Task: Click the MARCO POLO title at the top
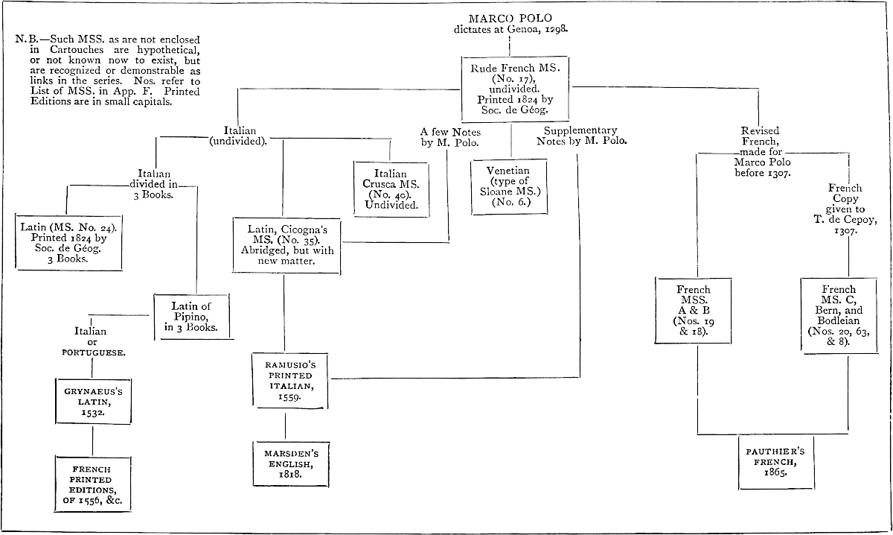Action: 510,18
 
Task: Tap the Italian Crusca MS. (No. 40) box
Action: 391,189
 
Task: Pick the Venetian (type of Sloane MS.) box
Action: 510,186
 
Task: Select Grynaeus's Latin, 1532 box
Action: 92,401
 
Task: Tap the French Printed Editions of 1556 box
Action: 92,484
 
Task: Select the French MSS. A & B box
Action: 693,310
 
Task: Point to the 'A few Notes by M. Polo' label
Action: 449,136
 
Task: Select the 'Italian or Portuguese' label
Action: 92,342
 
